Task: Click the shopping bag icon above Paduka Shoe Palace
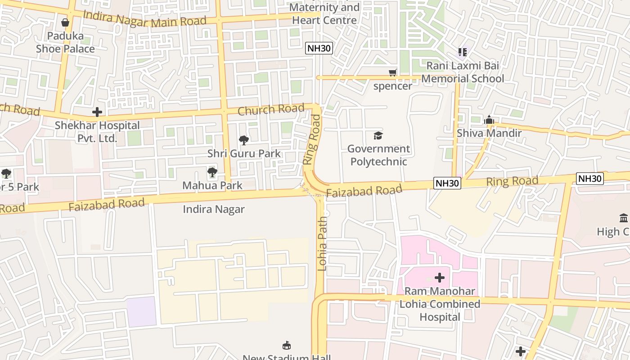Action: (65, 22)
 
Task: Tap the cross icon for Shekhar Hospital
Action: (97, 112)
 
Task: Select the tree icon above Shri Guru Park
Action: (244, 140)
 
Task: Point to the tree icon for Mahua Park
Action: (212, 172)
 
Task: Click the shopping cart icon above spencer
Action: (393, 72)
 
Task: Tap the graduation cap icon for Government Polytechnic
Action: (378, 135)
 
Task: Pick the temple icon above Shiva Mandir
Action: (489, 120)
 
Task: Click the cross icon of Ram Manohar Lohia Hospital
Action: (440, 278)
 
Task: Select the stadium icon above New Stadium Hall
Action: (287, 346)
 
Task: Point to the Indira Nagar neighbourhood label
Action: (214, 209)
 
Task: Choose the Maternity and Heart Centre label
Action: (324, 14)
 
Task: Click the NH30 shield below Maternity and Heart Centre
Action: (319, 49)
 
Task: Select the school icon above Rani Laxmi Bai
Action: (463, 53)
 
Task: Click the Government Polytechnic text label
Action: (378, 155)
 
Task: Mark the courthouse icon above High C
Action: (624, 219)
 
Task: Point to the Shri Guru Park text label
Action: (244, 153)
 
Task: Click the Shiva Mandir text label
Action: (489, 133)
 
